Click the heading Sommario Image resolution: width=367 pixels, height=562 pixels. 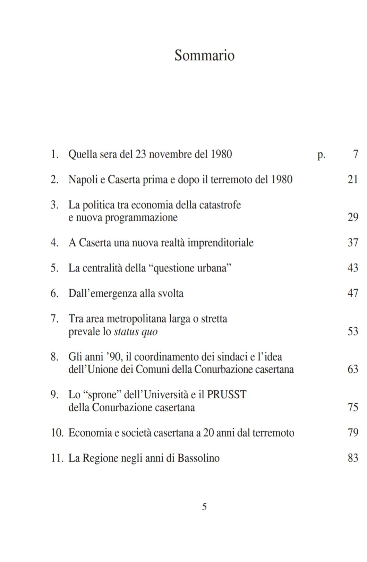[204, 55]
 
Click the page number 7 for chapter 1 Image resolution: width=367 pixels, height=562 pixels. [356, 154]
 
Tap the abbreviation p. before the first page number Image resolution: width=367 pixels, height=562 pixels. [321, 155]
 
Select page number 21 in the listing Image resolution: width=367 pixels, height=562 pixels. [353, 180]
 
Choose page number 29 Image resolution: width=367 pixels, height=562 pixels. [353, 217]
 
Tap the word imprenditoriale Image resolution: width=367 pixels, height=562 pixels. [221, 243]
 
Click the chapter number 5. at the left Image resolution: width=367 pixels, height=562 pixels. [54, 268]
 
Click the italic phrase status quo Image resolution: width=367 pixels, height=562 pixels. [136, 332]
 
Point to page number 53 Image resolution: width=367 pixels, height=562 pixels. [353, 331]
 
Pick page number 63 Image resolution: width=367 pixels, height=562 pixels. [353, 369]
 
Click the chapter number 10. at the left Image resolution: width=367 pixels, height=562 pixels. [57, 433]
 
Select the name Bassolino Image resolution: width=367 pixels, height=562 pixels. [198, 458]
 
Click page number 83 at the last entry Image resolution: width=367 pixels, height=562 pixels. [353, 458]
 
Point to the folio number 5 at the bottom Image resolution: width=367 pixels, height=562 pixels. [204, 507]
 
